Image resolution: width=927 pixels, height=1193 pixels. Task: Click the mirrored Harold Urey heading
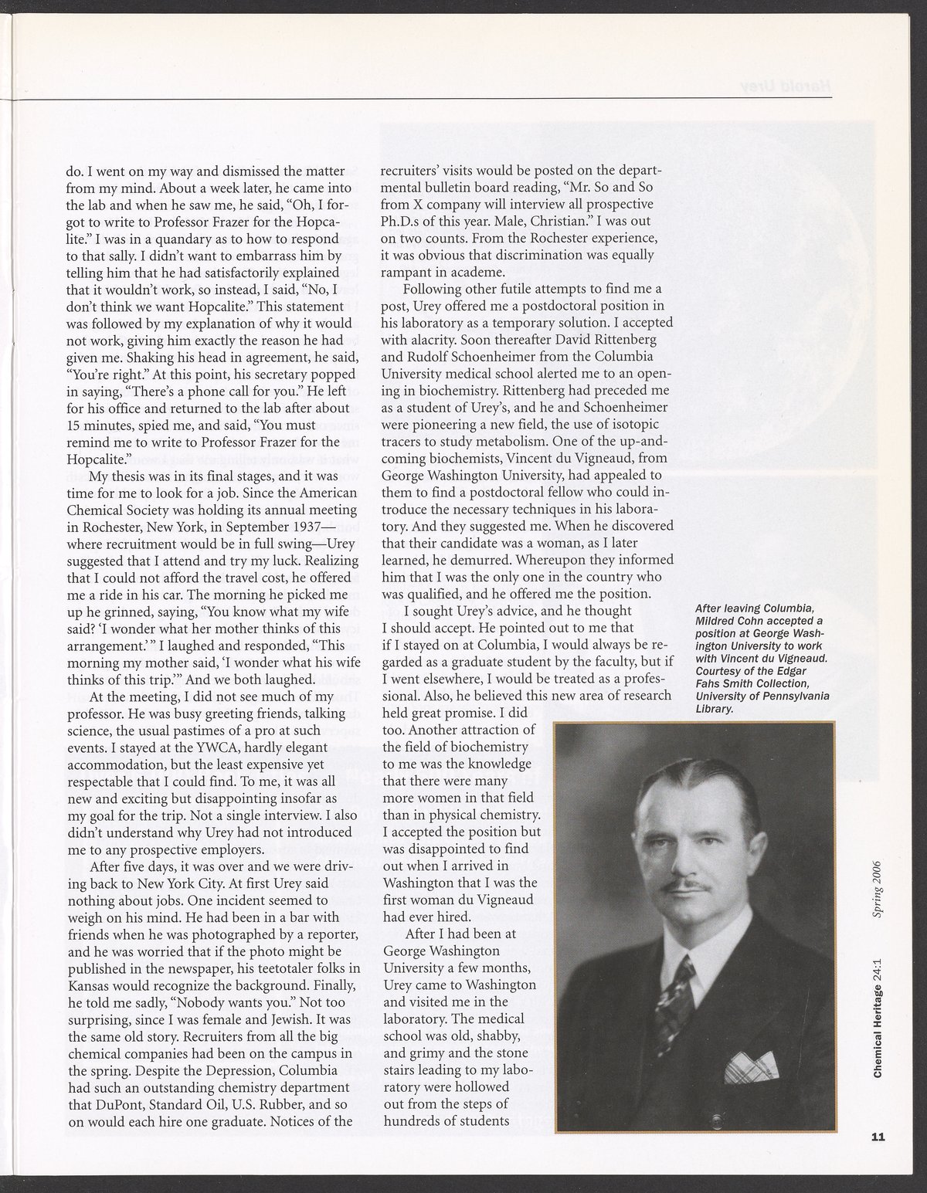tap(779, 85)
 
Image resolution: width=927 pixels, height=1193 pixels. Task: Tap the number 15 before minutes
tap(75, 425)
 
